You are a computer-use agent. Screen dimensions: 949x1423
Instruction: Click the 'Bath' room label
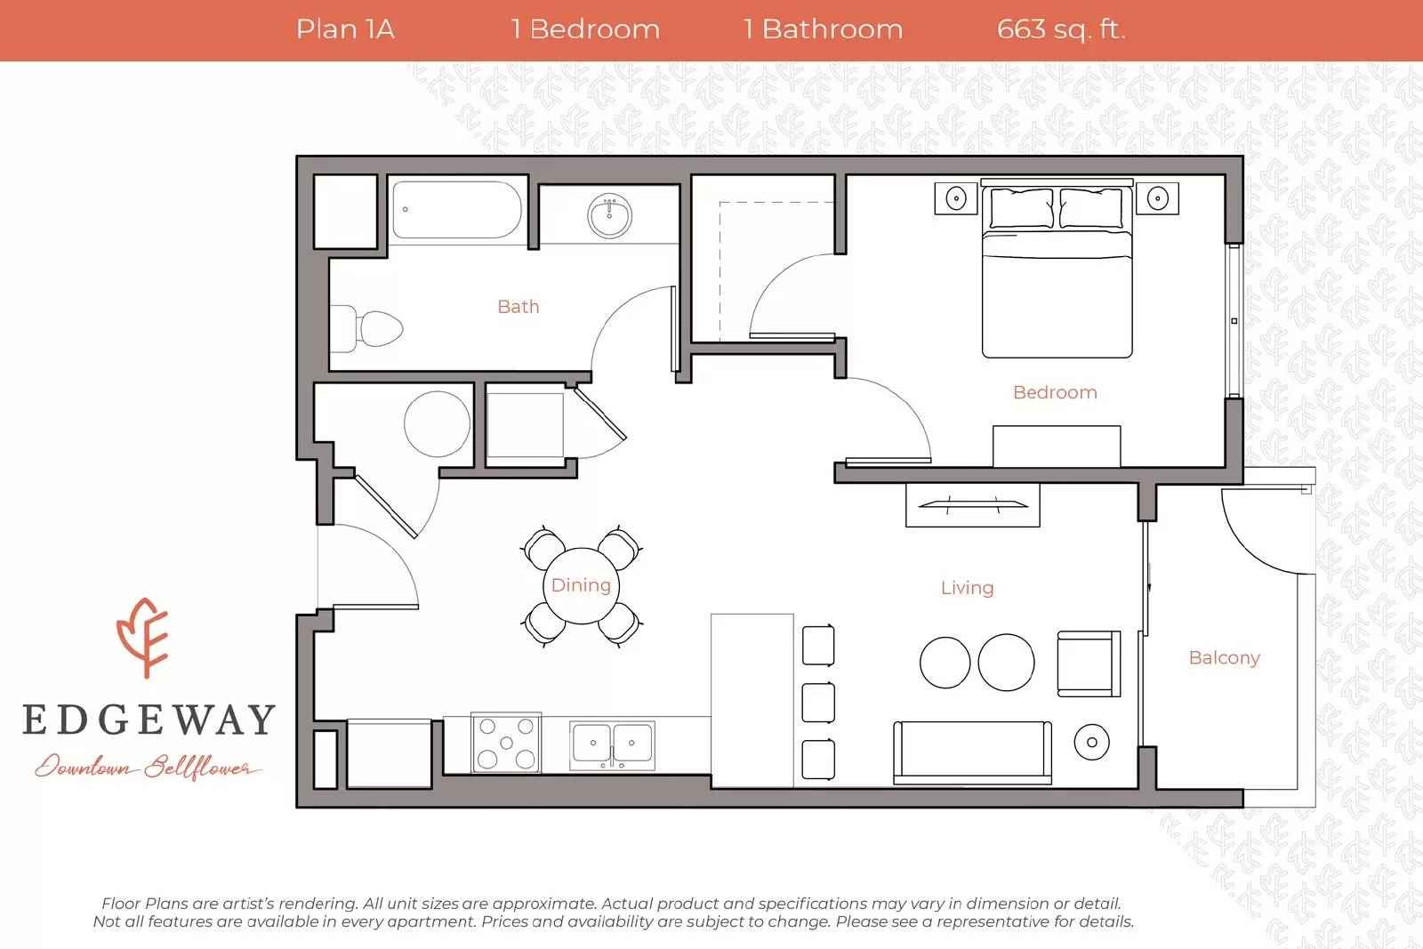518,307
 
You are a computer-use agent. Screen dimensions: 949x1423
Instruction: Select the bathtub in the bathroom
457,211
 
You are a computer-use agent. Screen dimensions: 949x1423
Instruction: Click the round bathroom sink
610,215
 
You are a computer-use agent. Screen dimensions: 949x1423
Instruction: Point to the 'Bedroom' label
1055,392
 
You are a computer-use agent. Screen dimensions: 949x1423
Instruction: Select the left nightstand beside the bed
956,198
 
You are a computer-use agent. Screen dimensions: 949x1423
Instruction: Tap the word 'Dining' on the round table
581,585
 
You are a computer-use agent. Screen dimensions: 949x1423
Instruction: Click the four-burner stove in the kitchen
506,742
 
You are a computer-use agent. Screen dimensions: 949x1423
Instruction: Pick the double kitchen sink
612,744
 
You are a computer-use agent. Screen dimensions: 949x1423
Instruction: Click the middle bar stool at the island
818,703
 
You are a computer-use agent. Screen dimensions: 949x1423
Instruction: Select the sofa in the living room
972,752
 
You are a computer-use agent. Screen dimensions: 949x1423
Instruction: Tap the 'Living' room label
967,588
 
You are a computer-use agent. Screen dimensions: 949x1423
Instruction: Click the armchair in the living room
1088,663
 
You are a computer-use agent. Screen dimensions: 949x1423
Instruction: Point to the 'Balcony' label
1224,658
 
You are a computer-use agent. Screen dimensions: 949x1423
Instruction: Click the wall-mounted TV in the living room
973,505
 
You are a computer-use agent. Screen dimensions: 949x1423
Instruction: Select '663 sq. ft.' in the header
1061,29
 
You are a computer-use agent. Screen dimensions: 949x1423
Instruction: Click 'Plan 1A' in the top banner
345,29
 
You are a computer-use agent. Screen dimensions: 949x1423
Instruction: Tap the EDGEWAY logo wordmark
149,720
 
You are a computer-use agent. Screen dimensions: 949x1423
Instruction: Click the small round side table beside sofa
1091,742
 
